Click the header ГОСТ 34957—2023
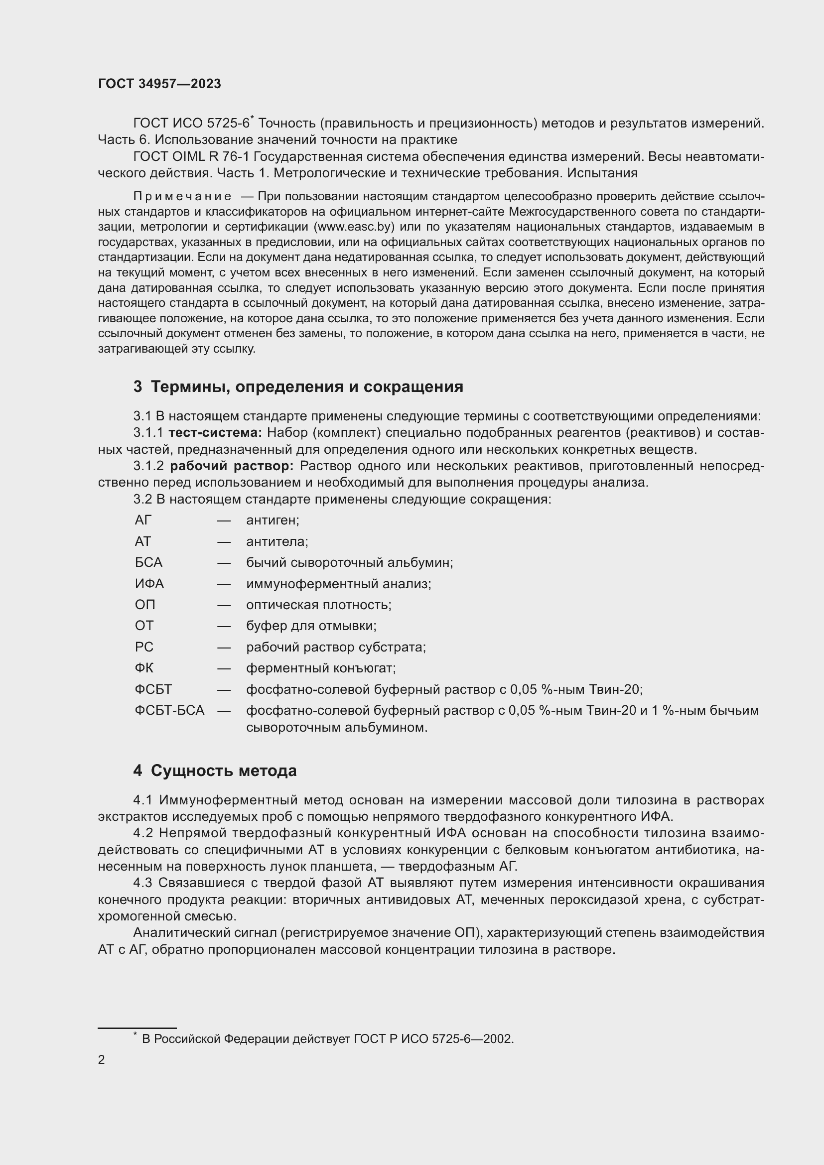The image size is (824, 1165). pyautogui.click(x=159, y=84)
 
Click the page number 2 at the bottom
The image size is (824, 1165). pyautogui.click(x=102, y=1059)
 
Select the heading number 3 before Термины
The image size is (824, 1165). pyautogui.click(x=137, y=387)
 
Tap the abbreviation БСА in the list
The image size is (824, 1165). pyautogui.click(x=148, y=562)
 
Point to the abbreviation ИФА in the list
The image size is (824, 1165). pyautogui.click(x=149, y=584)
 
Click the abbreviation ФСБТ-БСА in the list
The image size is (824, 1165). pyautogui.click(x=169, y=710)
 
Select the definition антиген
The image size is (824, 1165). pyautogui.click(x=273, y=520)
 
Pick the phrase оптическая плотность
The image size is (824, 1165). pyautogui.click(x=319, y=605)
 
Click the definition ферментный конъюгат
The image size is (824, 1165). pyautogui.click(x=321, y=668)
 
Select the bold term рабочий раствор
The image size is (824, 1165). pyautogui.click(x=232, y=466)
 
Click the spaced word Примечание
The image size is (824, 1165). pyautogui.click(x=182, y=196)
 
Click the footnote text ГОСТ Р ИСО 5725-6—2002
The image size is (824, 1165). pyautogui.click(x=433, y=1038)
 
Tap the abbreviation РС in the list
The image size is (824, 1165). pyautogui.click(x=144, y=647)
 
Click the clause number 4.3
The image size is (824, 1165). pyautogui.click(x=142, y=883)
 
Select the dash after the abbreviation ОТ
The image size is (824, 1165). pyautogui.click(x=224, y=626)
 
